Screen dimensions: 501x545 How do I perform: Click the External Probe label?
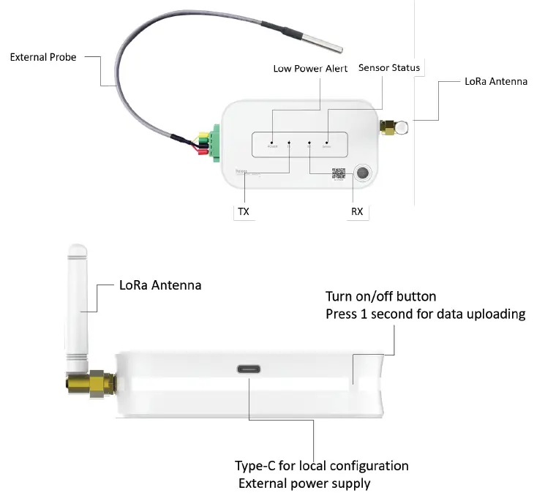pyautogui.click(x=43, y=56)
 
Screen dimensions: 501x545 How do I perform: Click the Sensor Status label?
pyautogui.click(x=389, y=68)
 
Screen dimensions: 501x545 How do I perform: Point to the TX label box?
pyautogui.click(x=244, y=212)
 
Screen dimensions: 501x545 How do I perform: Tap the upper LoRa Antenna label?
pyautogui.click(x=495, y=81)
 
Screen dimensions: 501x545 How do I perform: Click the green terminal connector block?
pyautogui.click(x=216, y=141)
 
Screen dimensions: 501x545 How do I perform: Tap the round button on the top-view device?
pyautogui.click(x=362, y=173)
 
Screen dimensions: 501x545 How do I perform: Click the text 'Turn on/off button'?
pyautogui.click(x=380, y=296)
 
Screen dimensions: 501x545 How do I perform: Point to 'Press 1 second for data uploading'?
pyautogui.click(x=425, y=314)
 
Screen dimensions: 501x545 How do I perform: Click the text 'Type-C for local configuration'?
pyautogui.click(x=321, y=466)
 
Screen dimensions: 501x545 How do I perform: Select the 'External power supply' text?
pyautogui.click(x=304, y=483)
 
